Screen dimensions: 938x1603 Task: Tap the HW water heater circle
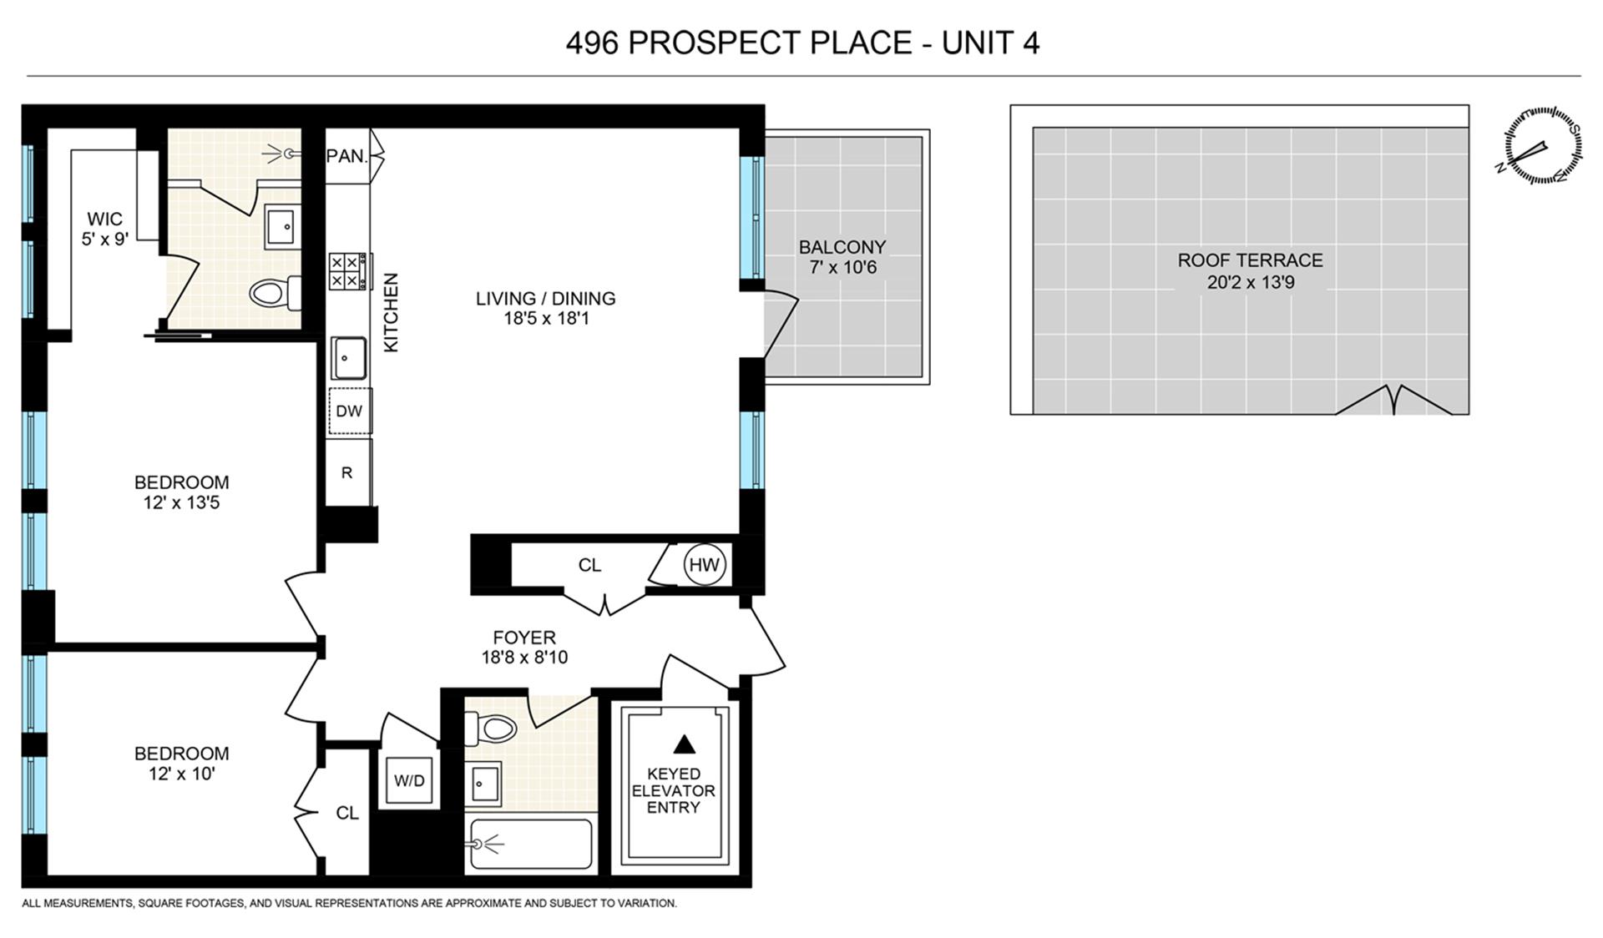[704, 565]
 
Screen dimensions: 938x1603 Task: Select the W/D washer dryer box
[409, 781]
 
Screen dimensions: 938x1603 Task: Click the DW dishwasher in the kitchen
[349, 411]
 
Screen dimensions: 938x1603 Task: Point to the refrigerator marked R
[347, 472]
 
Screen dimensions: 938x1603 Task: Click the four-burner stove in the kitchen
[346, 271]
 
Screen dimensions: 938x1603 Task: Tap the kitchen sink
[348, 357]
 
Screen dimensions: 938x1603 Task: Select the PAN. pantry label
[346, 155]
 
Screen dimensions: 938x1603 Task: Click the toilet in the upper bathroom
[274, 292]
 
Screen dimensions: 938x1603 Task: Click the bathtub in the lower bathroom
[531, 844]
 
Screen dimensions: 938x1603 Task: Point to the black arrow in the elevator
[684, 744]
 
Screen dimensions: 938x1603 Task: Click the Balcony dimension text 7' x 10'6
[842, 268]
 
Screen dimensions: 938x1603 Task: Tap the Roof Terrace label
[1250, 260]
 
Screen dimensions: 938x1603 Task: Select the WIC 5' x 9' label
[104, 229]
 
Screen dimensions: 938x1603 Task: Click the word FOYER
[523, 638]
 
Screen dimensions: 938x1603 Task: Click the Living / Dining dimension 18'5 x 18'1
[545, 318]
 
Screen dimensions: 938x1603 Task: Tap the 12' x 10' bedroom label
[181, 774]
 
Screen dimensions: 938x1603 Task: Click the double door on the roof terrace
[1393, 401]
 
